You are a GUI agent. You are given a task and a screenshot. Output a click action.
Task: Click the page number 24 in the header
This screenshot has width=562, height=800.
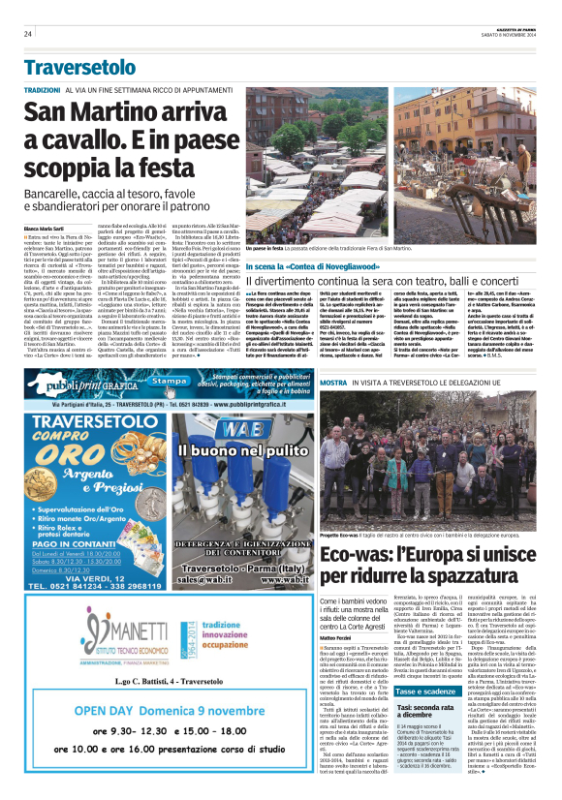click(28, 34)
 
